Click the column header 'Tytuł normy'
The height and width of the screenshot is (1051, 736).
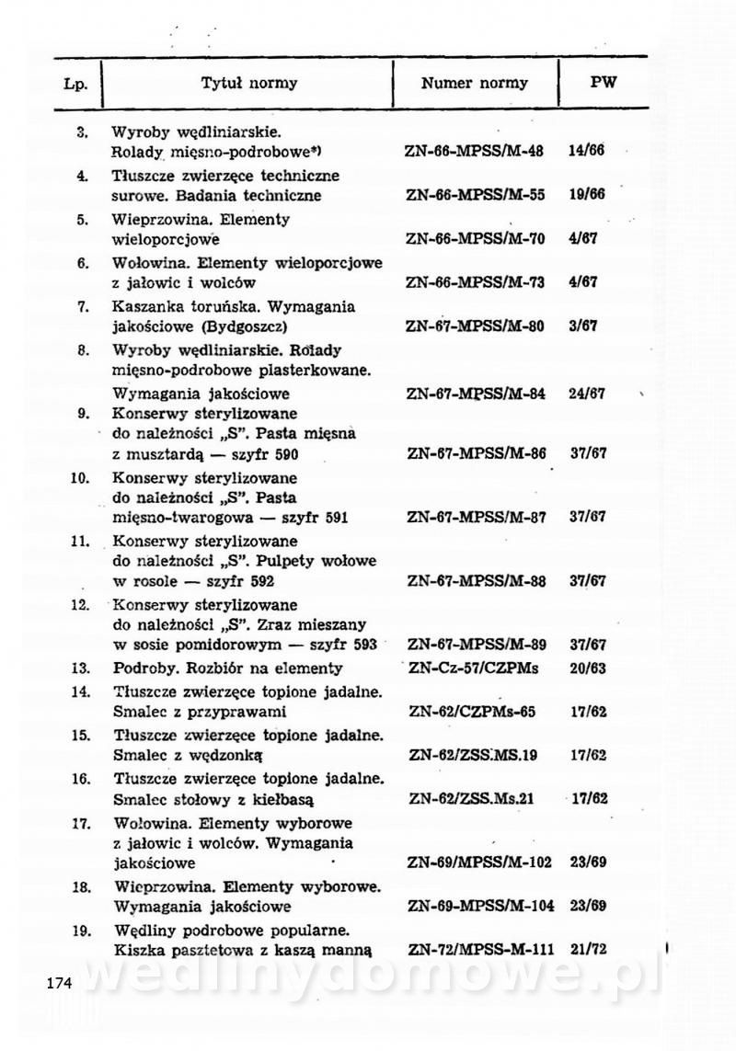[x=249, y=84]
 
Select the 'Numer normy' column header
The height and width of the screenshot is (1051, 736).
[x=475, y=84]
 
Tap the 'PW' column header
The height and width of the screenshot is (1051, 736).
[x=604, y=83]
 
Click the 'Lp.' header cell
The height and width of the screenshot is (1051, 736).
[x=76, y=85]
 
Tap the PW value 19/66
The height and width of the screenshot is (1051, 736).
[x=587, y=196]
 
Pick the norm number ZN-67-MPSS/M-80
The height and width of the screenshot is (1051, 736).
[x=475, y=326]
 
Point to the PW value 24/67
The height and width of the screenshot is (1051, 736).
[x=587, y=394]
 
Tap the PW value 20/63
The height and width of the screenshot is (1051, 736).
[x=588, y=669]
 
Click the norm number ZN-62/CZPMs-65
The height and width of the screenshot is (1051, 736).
[x=472, y=713]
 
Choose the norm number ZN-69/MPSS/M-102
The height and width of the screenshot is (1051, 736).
[x=479, y=863]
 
